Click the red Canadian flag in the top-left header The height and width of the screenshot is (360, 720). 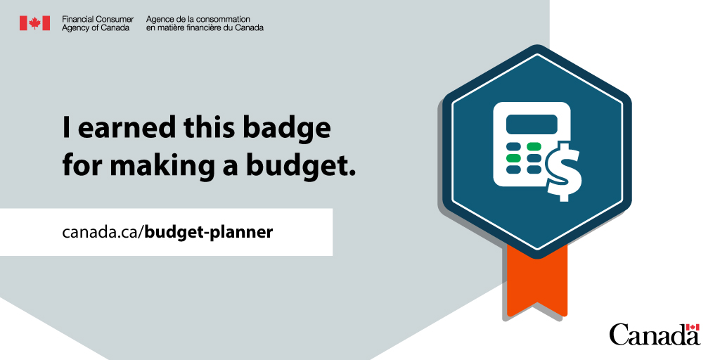tap(34, 23)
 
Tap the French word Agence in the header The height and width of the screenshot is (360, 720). tap(160, 18)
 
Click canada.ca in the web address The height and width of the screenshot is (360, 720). tap(102, 231)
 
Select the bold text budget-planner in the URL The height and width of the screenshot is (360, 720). tap(209, 231)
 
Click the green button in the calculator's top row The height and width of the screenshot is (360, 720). tap(534, 147)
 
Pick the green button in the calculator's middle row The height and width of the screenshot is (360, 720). tap(513, 158)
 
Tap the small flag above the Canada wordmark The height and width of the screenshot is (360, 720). tap(693, 327)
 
